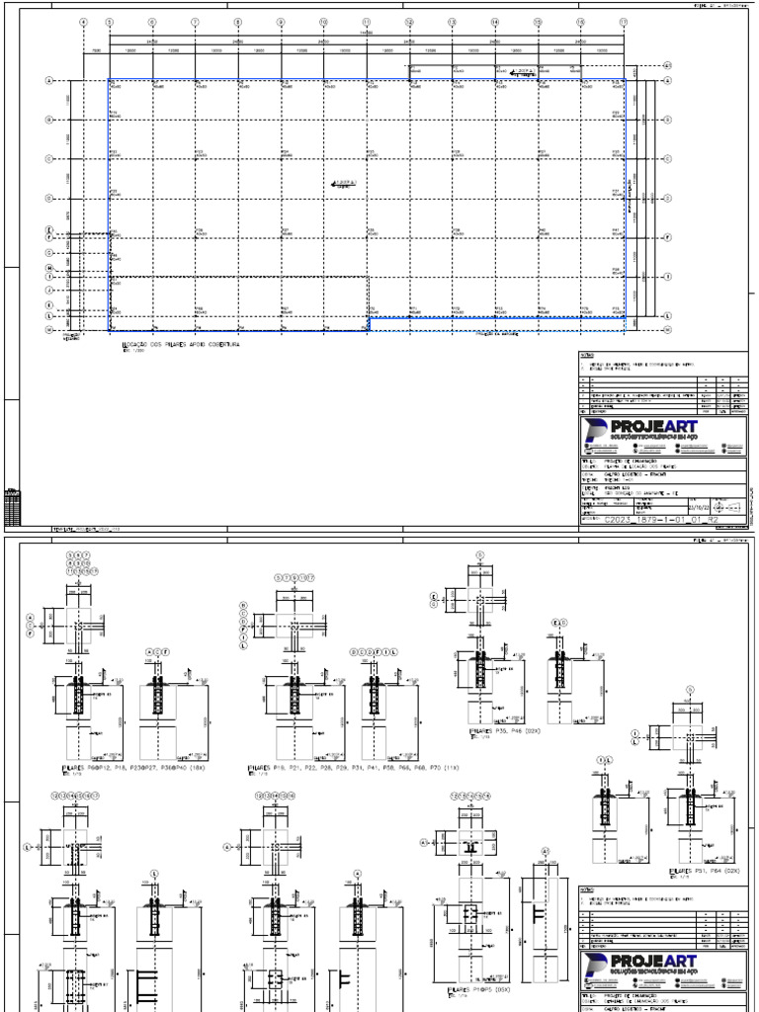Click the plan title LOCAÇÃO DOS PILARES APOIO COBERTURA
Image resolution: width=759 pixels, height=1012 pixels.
tap(179, 345)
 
